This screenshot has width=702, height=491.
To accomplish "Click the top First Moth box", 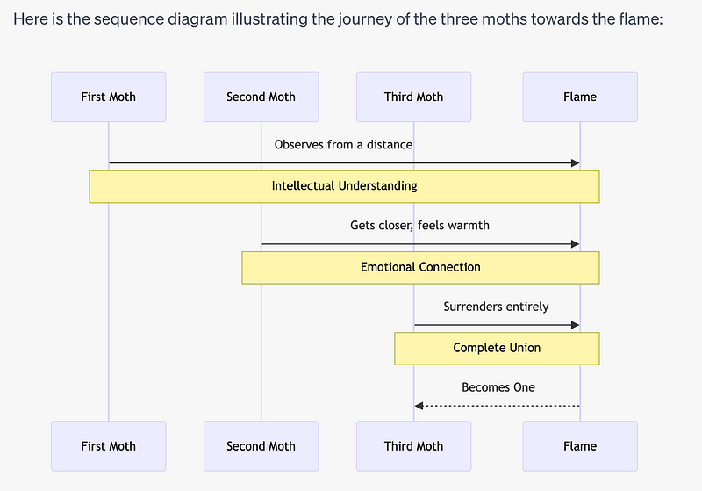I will tap(109, 97).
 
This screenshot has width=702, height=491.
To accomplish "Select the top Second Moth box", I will tap(261, 97).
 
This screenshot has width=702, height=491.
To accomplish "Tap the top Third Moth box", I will tap(413, 97).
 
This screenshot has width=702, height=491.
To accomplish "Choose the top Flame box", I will tap(580, 97).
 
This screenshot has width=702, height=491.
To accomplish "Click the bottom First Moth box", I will tap(109, 446).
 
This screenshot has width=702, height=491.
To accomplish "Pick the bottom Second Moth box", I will tap(261, 446).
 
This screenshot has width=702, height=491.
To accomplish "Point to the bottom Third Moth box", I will tap(413, 446).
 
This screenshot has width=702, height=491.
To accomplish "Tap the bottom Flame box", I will tap(580, 446).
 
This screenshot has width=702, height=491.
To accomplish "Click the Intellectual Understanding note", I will tap(344, 186).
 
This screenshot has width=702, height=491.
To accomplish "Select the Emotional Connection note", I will tap(420, 267).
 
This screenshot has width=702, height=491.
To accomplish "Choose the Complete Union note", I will tap(497, 348).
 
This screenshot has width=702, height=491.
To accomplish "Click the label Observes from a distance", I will tap(343, 144).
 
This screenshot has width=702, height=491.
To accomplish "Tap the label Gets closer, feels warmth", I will tap(419, 226).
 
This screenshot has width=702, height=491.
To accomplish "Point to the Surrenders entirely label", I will tap(496, 307).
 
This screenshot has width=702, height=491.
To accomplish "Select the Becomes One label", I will tap(498, 387).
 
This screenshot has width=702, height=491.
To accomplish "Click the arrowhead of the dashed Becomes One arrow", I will tap(419, 406).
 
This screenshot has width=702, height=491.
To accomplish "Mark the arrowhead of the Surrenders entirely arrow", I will tap(575, 325).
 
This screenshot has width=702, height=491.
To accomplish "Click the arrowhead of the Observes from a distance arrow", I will tap(575, 162).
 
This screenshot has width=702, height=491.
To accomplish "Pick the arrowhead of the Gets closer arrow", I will tap(575, 244).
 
